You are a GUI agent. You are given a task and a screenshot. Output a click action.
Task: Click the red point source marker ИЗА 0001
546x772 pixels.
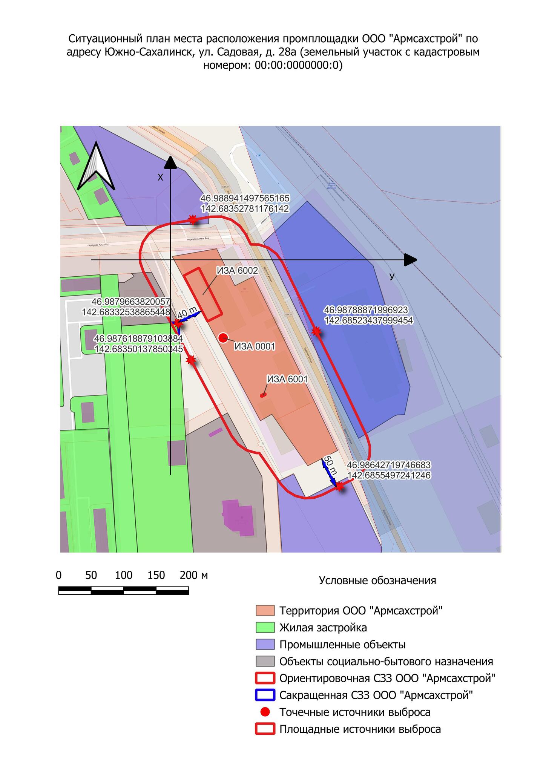(x=224, y=338)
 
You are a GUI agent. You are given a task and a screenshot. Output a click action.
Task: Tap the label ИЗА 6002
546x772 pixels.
(x=237, y=271)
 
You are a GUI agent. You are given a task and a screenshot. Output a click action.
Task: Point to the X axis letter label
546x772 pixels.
(x=160, y=178)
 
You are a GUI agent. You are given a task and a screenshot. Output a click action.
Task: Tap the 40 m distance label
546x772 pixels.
(x=187, y=313)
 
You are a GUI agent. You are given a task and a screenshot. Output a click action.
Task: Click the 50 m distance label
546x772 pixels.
(x=330, y=466)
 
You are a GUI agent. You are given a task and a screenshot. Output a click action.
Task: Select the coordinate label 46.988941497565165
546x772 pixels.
(x=245, y=198)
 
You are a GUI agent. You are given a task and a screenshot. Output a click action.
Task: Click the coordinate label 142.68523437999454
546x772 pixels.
(x=369, y=320)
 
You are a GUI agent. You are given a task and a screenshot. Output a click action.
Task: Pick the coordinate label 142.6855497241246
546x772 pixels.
(x=389, y=475)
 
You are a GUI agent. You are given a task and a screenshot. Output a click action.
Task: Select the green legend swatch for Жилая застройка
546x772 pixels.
(x=265, y=628)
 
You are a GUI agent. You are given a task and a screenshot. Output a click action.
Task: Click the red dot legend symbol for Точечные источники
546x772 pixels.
(x=265, y=712)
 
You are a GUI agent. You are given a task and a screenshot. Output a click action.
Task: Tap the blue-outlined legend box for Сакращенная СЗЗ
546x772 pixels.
(x=265, y=695)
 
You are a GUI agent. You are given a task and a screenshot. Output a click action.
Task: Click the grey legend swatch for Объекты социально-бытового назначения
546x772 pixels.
(x=265, y=662)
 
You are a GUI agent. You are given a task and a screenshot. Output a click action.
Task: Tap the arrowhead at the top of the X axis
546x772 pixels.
(x=170, y=162)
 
